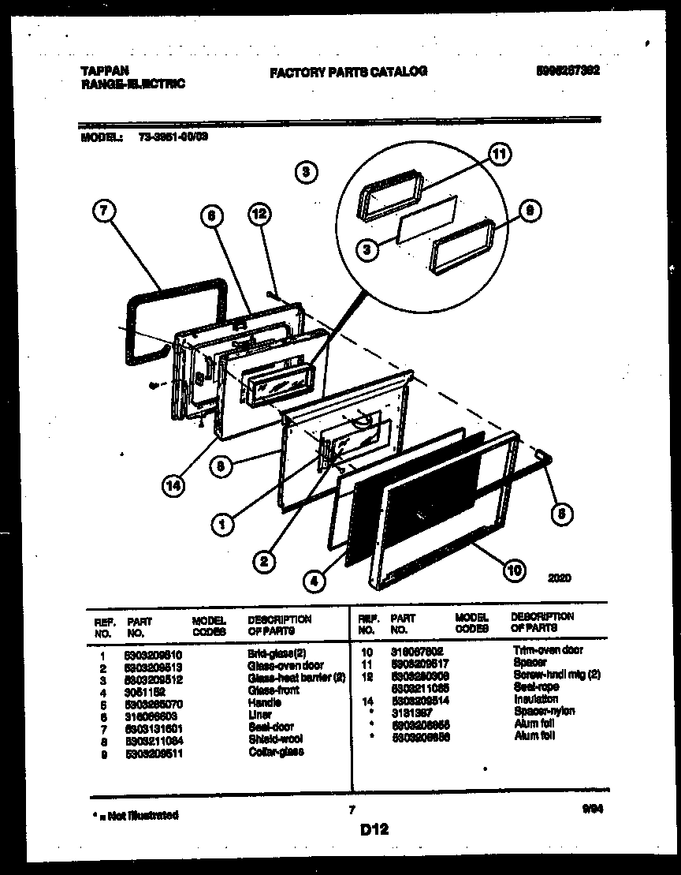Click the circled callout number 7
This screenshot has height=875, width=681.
[104, 211]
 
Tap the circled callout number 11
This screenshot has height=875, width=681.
[498, 155]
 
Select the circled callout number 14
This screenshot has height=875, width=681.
[174, 487]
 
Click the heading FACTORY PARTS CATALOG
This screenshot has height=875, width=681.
[348, 72]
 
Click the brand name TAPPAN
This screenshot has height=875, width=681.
[104, 70]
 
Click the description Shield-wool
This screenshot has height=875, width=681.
[274, 739]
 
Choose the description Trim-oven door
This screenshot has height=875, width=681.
[548, 650]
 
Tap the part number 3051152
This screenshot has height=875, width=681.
[145, 690]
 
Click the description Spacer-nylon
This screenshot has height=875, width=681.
[544, 711]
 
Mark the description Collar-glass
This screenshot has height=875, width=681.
[276, 751]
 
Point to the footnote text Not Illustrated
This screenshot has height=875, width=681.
[135, 815]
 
